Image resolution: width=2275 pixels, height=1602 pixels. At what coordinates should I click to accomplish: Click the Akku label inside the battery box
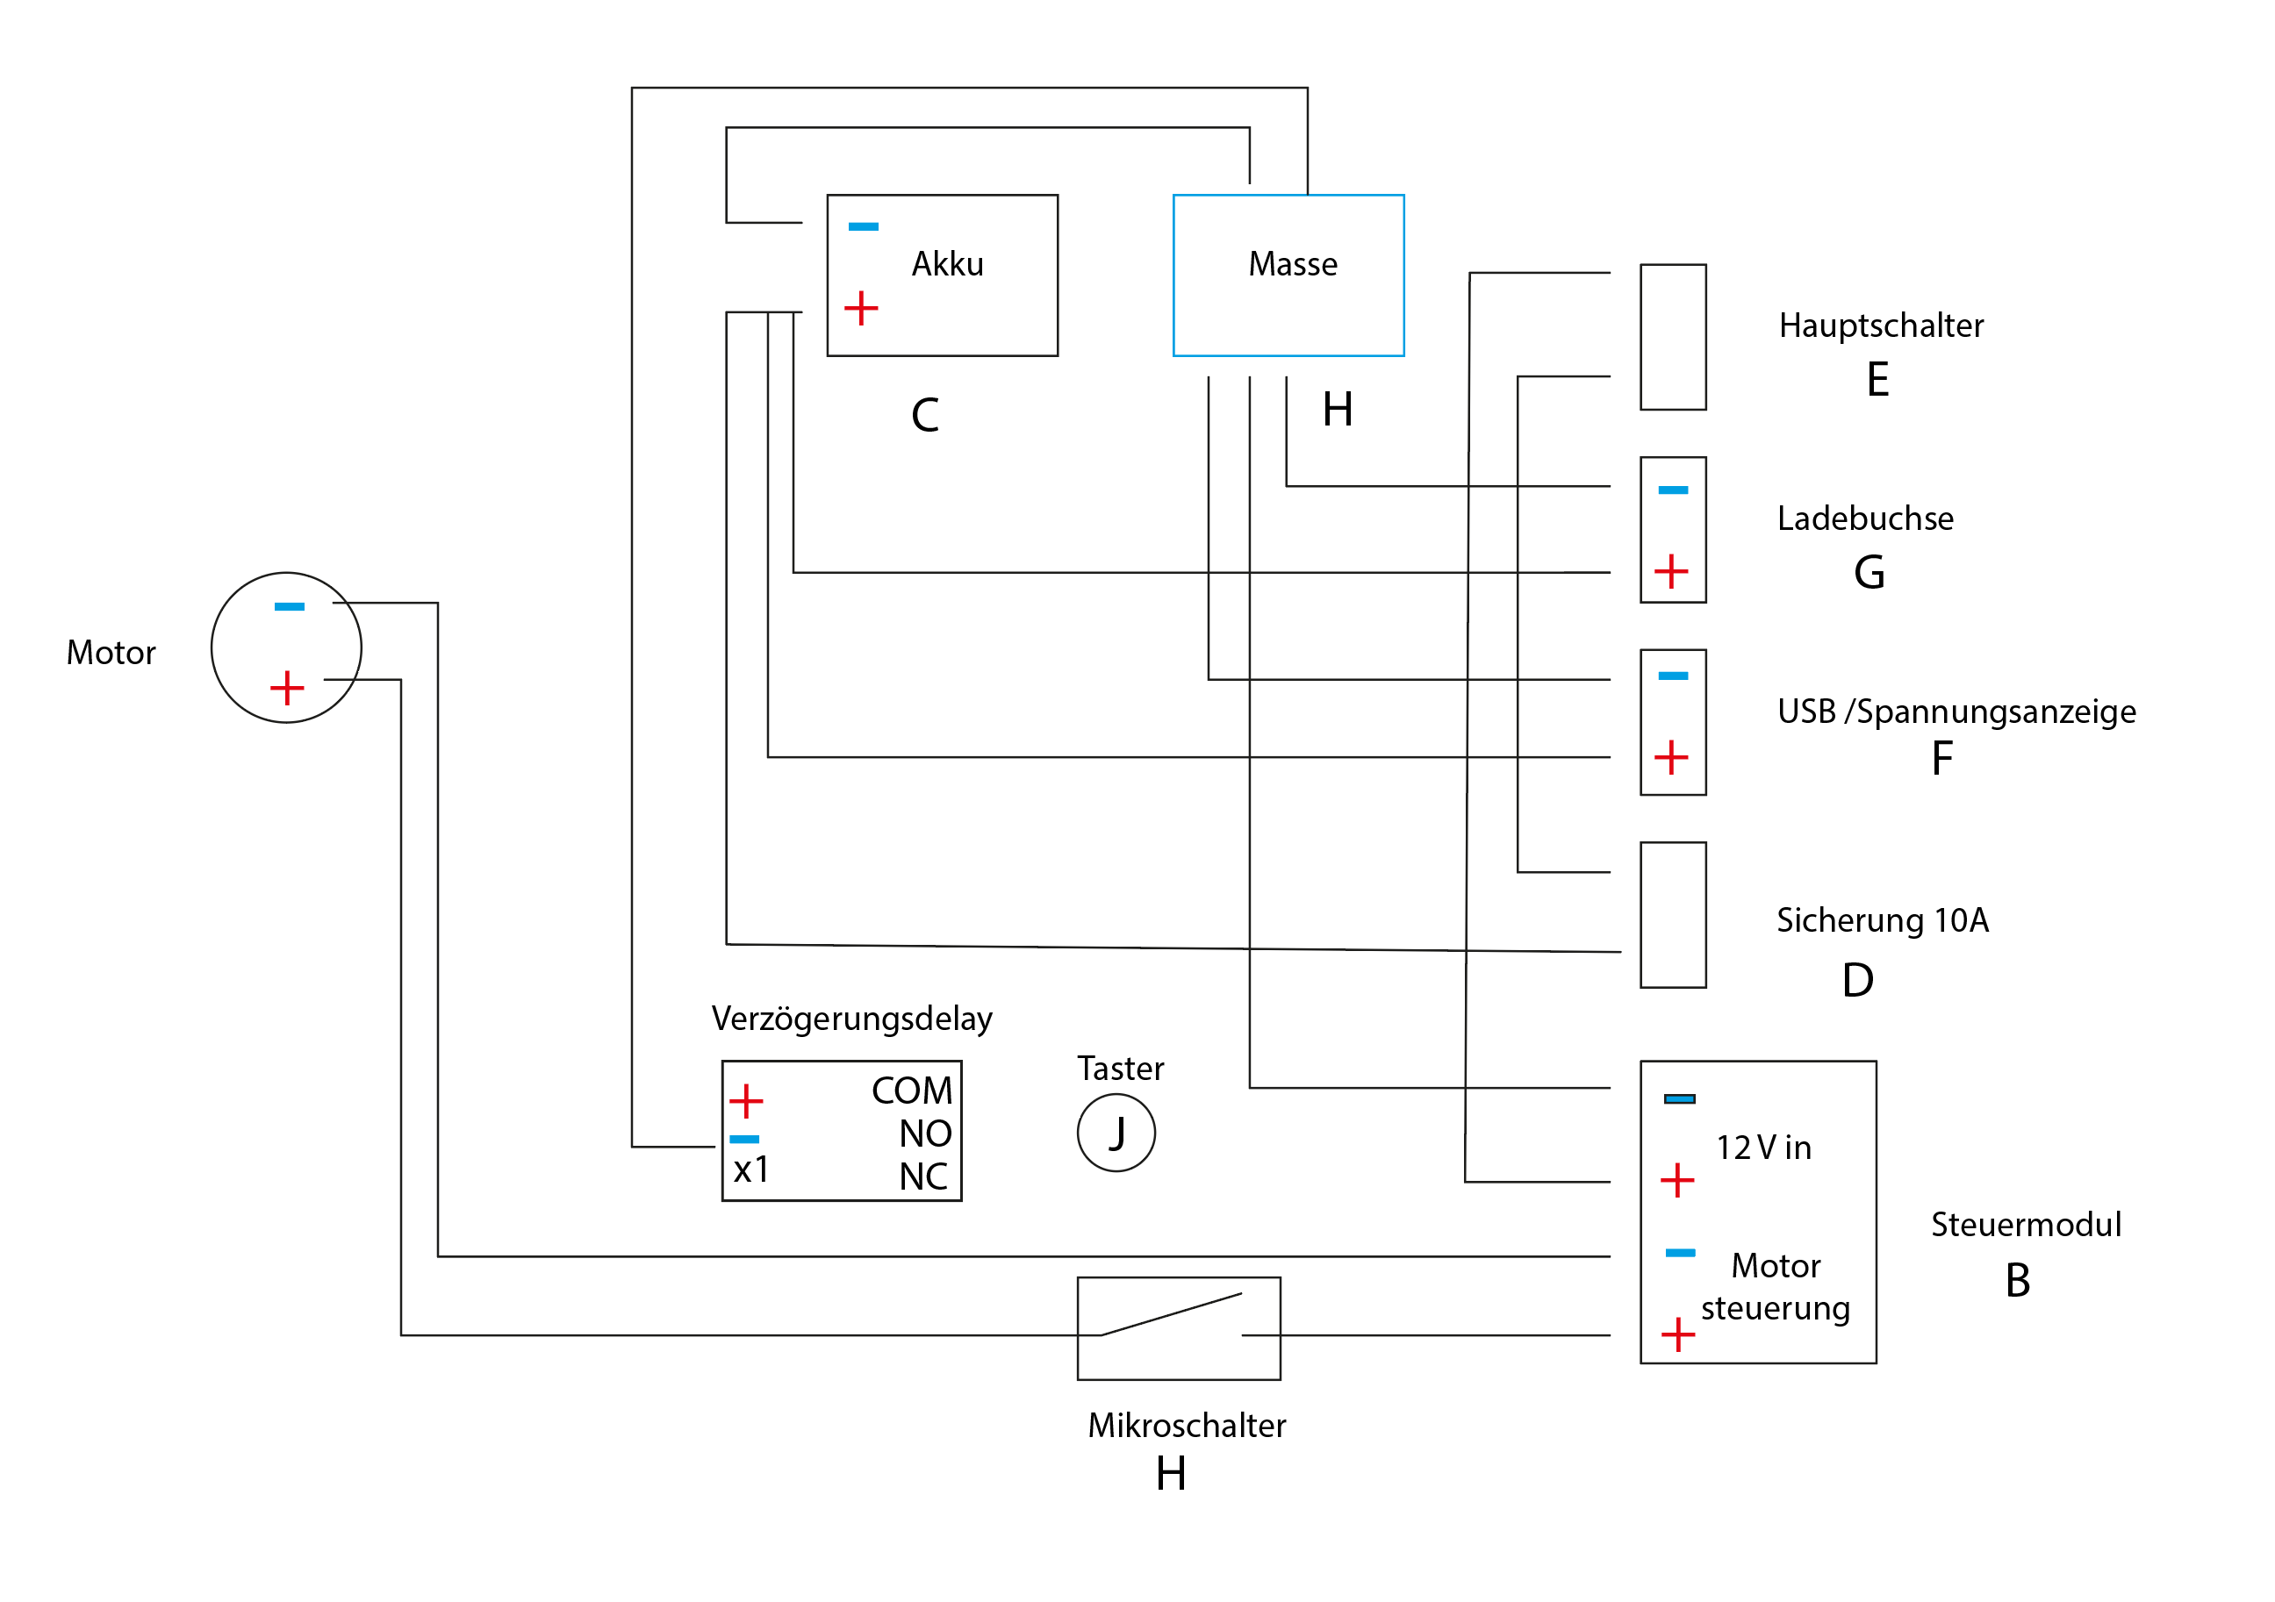point(947,265)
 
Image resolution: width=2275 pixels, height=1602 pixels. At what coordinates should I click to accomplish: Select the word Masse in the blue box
point(1292,265)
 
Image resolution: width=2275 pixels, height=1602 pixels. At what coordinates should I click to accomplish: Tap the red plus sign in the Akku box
point(861,308)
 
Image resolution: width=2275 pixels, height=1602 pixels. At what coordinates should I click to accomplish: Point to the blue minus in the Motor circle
point(290,606)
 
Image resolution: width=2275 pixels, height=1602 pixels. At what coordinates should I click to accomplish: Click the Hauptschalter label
point(1881,326)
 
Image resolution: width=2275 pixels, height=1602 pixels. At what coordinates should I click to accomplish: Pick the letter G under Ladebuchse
point(1869,573)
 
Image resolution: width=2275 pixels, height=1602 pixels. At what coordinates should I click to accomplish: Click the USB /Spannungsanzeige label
point(1956,712)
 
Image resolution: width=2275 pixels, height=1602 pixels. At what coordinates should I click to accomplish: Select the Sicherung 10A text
point(1882,920)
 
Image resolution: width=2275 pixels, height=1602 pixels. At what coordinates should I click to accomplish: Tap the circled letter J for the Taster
point(1116,1134)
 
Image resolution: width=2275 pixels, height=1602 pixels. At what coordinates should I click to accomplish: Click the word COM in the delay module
point(912,1091)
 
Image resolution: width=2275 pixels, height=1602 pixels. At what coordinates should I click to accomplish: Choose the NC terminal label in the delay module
point(923,1177)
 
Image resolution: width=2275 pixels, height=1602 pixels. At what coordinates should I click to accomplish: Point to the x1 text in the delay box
point(751,1170)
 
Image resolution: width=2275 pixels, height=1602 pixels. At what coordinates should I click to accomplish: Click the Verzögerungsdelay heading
point(851,1019)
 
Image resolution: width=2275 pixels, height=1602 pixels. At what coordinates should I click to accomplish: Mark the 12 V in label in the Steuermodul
point(1763,1148)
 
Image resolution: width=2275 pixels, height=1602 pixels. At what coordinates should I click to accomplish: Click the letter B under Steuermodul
point(2017,1281)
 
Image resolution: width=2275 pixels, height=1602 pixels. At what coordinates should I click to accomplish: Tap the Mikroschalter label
point(1186,1426)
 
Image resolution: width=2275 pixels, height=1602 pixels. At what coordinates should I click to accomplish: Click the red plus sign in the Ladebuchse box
point(1671,572)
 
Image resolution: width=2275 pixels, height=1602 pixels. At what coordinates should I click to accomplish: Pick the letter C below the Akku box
point(924,415)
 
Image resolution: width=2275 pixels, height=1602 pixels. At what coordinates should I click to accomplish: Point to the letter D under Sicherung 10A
point(1858,981)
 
